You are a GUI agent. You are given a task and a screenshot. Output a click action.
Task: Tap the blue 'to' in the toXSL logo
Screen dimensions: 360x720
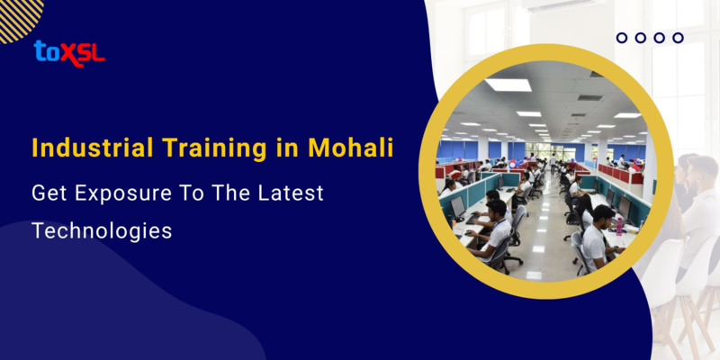click(x=46, y=52)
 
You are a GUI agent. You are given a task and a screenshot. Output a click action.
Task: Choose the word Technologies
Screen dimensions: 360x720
click(x=102, y=229)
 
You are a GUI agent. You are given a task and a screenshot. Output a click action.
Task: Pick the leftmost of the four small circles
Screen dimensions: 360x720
click(x=621, y=38)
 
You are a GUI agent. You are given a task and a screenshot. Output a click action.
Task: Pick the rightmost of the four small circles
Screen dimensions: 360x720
click(x=678, y=38)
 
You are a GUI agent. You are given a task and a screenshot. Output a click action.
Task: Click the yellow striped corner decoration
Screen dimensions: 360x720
click(x=18, y=16)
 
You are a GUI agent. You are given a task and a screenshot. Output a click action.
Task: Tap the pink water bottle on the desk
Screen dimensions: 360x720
click(x=619, y=222)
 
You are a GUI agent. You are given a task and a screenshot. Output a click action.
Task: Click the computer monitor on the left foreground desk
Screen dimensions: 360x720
click(x=458, y=206)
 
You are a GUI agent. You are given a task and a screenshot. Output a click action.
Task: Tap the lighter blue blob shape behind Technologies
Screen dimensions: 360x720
click(x=108, y=306)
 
